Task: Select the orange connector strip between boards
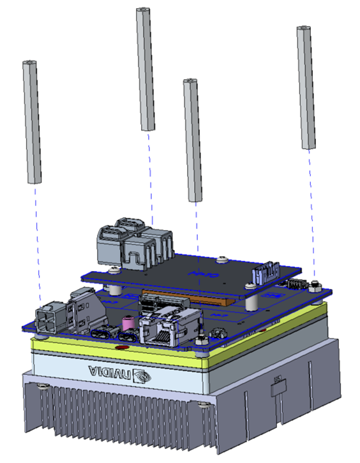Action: [211, 298]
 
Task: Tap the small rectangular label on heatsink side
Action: [278, 381]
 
